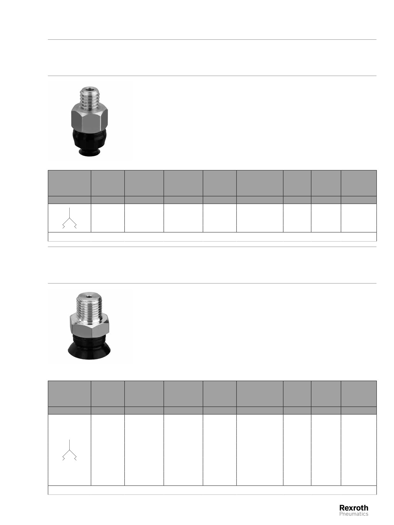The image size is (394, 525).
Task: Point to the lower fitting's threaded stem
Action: pyautogui.click(x=89, y=305)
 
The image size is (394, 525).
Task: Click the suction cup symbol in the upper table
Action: pyautogui.click(x=69, y=218)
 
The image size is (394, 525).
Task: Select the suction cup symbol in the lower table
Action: pyautogui.click(x=69, y=450)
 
